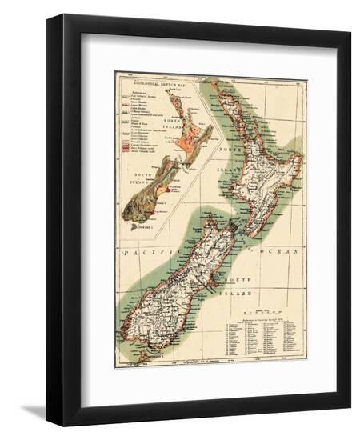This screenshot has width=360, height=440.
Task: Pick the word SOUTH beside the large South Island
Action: (x=239, y=279)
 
